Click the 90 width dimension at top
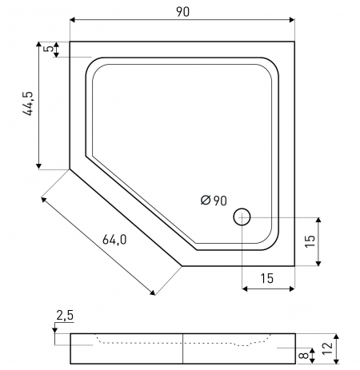click(x=182, y=12)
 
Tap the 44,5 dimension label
click(x=28, y=104)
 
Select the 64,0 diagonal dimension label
click(x=114, y=240)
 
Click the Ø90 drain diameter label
click(x=214, y=201)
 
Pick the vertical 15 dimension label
click(x=310, y=241)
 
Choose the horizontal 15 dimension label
click(x=267, y=278)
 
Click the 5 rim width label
click(x=48, y=49)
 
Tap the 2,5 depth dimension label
click(x=65, y=316)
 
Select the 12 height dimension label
click(x=328, y=348)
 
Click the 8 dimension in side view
click(x=304, y=355)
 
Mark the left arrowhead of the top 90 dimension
click(x=72, y=20)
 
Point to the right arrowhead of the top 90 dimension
click(x=292, y=20)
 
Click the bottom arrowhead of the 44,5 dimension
click(x=39, y=166)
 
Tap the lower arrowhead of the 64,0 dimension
click(x=153, y=293)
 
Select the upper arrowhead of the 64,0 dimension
click(x=43, y=199)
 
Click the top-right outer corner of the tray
click(x=294, y=42)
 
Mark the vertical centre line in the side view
click(x=183, y=348)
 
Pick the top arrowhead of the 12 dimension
click(x=337, y=337)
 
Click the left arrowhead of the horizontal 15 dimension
click(x=245, y=288)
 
